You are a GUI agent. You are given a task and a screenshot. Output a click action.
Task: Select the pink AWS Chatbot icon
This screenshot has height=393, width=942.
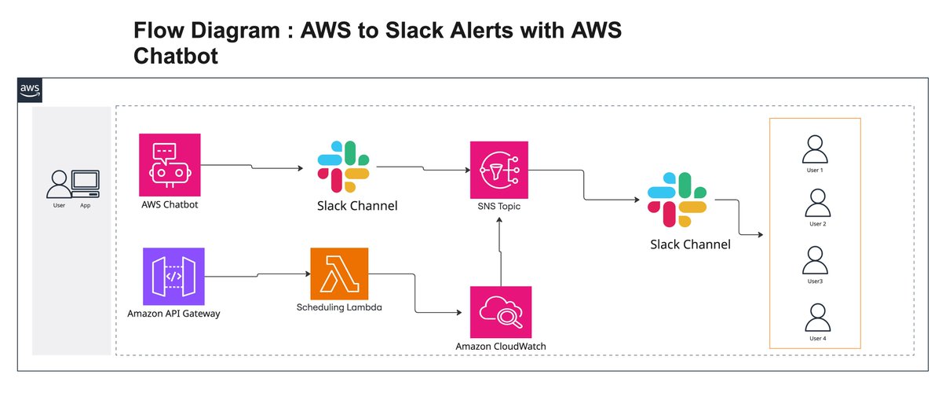[170, 164]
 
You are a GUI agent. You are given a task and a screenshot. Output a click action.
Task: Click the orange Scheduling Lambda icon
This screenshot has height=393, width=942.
[340, 274]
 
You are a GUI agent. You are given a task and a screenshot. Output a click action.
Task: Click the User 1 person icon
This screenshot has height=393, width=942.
[816, 149]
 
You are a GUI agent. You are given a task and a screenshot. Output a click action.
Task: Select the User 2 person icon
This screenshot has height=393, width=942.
[816, 204]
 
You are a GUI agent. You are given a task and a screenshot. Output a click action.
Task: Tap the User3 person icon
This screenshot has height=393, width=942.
[816, 260]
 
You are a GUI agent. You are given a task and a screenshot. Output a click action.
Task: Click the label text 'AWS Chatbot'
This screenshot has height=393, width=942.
[170, 205]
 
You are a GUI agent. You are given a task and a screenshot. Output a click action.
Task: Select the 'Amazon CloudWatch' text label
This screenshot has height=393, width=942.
[500, 347]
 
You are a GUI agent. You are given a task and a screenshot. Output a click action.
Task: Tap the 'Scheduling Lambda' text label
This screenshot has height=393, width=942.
[340, 307]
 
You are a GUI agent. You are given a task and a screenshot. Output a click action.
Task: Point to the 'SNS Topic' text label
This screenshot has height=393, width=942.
[499, 207]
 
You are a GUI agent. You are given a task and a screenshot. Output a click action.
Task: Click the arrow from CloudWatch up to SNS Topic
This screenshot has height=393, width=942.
[499, 252]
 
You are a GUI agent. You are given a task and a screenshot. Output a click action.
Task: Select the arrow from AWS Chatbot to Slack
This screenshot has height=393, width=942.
[251, 167]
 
